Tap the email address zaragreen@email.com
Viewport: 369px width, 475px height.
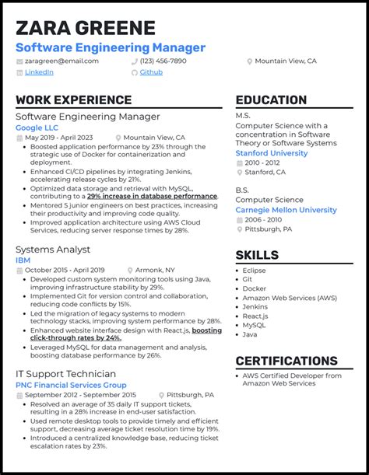tap(61, 61)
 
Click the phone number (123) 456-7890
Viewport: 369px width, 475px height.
tap(163, 61)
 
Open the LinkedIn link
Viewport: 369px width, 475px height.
tap(39, 72)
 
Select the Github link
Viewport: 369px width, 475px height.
tap(151, 72)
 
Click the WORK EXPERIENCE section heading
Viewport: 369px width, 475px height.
tap(73, 100)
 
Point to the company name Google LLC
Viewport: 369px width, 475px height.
tap(37, 127)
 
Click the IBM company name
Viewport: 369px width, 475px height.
tap(23, 260)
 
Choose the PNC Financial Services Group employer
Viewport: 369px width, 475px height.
tap(71, 385)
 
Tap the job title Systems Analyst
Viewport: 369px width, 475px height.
tap(53, 250)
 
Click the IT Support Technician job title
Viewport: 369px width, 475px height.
tap(66, 374)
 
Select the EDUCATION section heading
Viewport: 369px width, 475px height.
tap(271, 100)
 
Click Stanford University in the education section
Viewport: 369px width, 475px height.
tap(271, 153)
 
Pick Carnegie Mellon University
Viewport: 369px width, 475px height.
tap(286, 210)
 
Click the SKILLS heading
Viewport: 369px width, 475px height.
tap(257, 255)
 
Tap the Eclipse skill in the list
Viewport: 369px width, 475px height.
tap(254, 271)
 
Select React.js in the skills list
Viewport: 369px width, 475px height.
tap(256, 317)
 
